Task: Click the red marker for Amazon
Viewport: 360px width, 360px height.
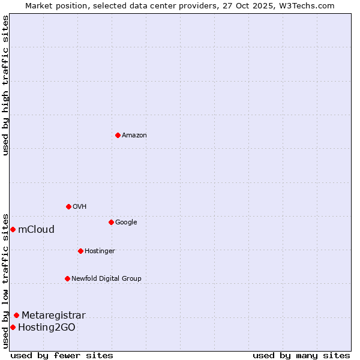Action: click(x=118, y=135)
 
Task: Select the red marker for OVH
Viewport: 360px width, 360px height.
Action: click(x=68, y=206)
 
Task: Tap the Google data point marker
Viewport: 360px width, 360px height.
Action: click(x=111, y=222)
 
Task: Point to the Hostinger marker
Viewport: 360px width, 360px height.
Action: click(x=80, y=251)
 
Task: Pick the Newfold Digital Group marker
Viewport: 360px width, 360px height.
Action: click(x=67, y=278)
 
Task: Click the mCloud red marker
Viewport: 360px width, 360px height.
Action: click(x=13, y=229)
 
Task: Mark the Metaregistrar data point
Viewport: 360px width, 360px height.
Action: click(x=16, y=315)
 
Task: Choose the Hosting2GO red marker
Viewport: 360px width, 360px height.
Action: click(x=13, y=327)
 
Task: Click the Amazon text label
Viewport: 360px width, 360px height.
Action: click(x=134, y=136)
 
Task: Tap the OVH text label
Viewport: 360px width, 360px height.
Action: click(x=80, y=207)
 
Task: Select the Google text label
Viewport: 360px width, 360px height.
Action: click(x=126, y=223)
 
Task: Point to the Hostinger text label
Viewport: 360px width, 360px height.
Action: click(x=100, y=251)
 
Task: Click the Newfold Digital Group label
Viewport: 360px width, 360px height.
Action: click(x=106, y=278)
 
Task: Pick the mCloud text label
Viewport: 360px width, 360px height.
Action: click(x=36, y=230)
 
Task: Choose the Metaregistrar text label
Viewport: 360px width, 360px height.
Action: click(x=53, y=316)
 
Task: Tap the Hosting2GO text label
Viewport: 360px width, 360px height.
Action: click(x=47, y=328)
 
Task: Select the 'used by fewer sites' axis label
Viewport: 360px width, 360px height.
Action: click(x=62, y=355)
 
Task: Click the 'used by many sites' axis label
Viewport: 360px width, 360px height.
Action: click(x=301, y=355)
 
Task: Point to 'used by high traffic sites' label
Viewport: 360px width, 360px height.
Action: click(x=5, y=85)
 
